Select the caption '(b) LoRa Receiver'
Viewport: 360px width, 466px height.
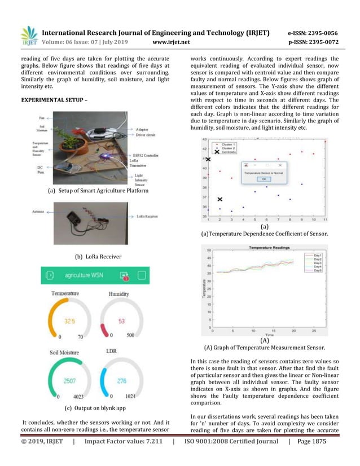(98, 257)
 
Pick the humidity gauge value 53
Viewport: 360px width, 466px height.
(122, 321)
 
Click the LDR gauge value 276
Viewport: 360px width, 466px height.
(122, 381)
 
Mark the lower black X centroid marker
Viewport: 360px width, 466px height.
(220, 199)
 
